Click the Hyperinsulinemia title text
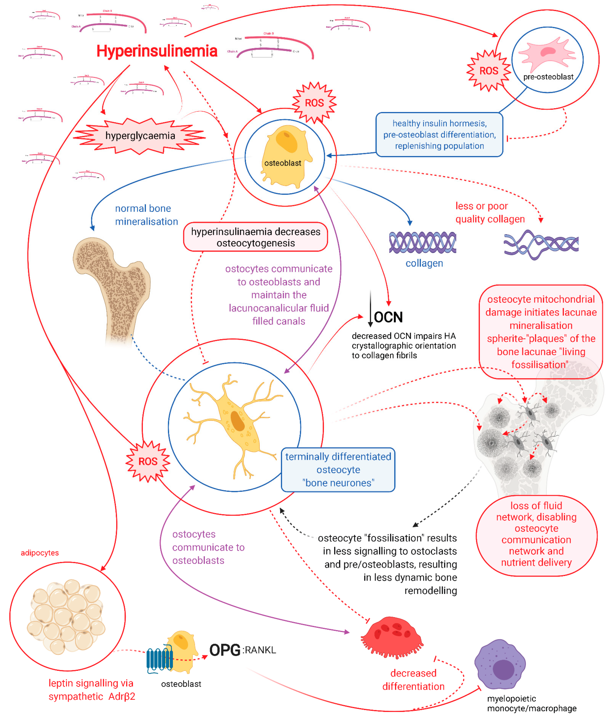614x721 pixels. (157, 51)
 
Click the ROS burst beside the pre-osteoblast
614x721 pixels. (488, 71)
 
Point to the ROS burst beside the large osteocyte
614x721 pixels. (148, 461)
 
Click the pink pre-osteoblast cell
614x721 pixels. (546, 54)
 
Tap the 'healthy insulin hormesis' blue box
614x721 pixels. (439, 135)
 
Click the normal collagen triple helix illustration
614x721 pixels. (422, 242)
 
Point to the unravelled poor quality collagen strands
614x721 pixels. (540, 244)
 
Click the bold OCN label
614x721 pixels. (388, 317)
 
